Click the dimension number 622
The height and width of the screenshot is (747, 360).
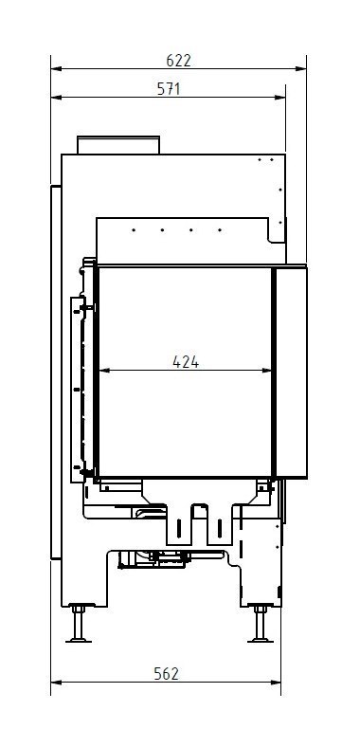(178, 59)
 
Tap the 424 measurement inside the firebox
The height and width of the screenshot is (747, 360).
(186, 360)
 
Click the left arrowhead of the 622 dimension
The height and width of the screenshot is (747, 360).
(55, 68)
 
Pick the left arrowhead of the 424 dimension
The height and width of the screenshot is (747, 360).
(103, 371)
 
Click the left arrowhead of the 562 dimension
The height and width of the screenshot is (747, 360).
(55, 682)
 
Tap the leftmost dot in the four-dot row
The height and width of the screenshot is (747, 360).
(134, 229)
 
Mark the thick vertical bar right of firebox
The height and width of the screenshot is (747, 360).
(272, 371)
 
